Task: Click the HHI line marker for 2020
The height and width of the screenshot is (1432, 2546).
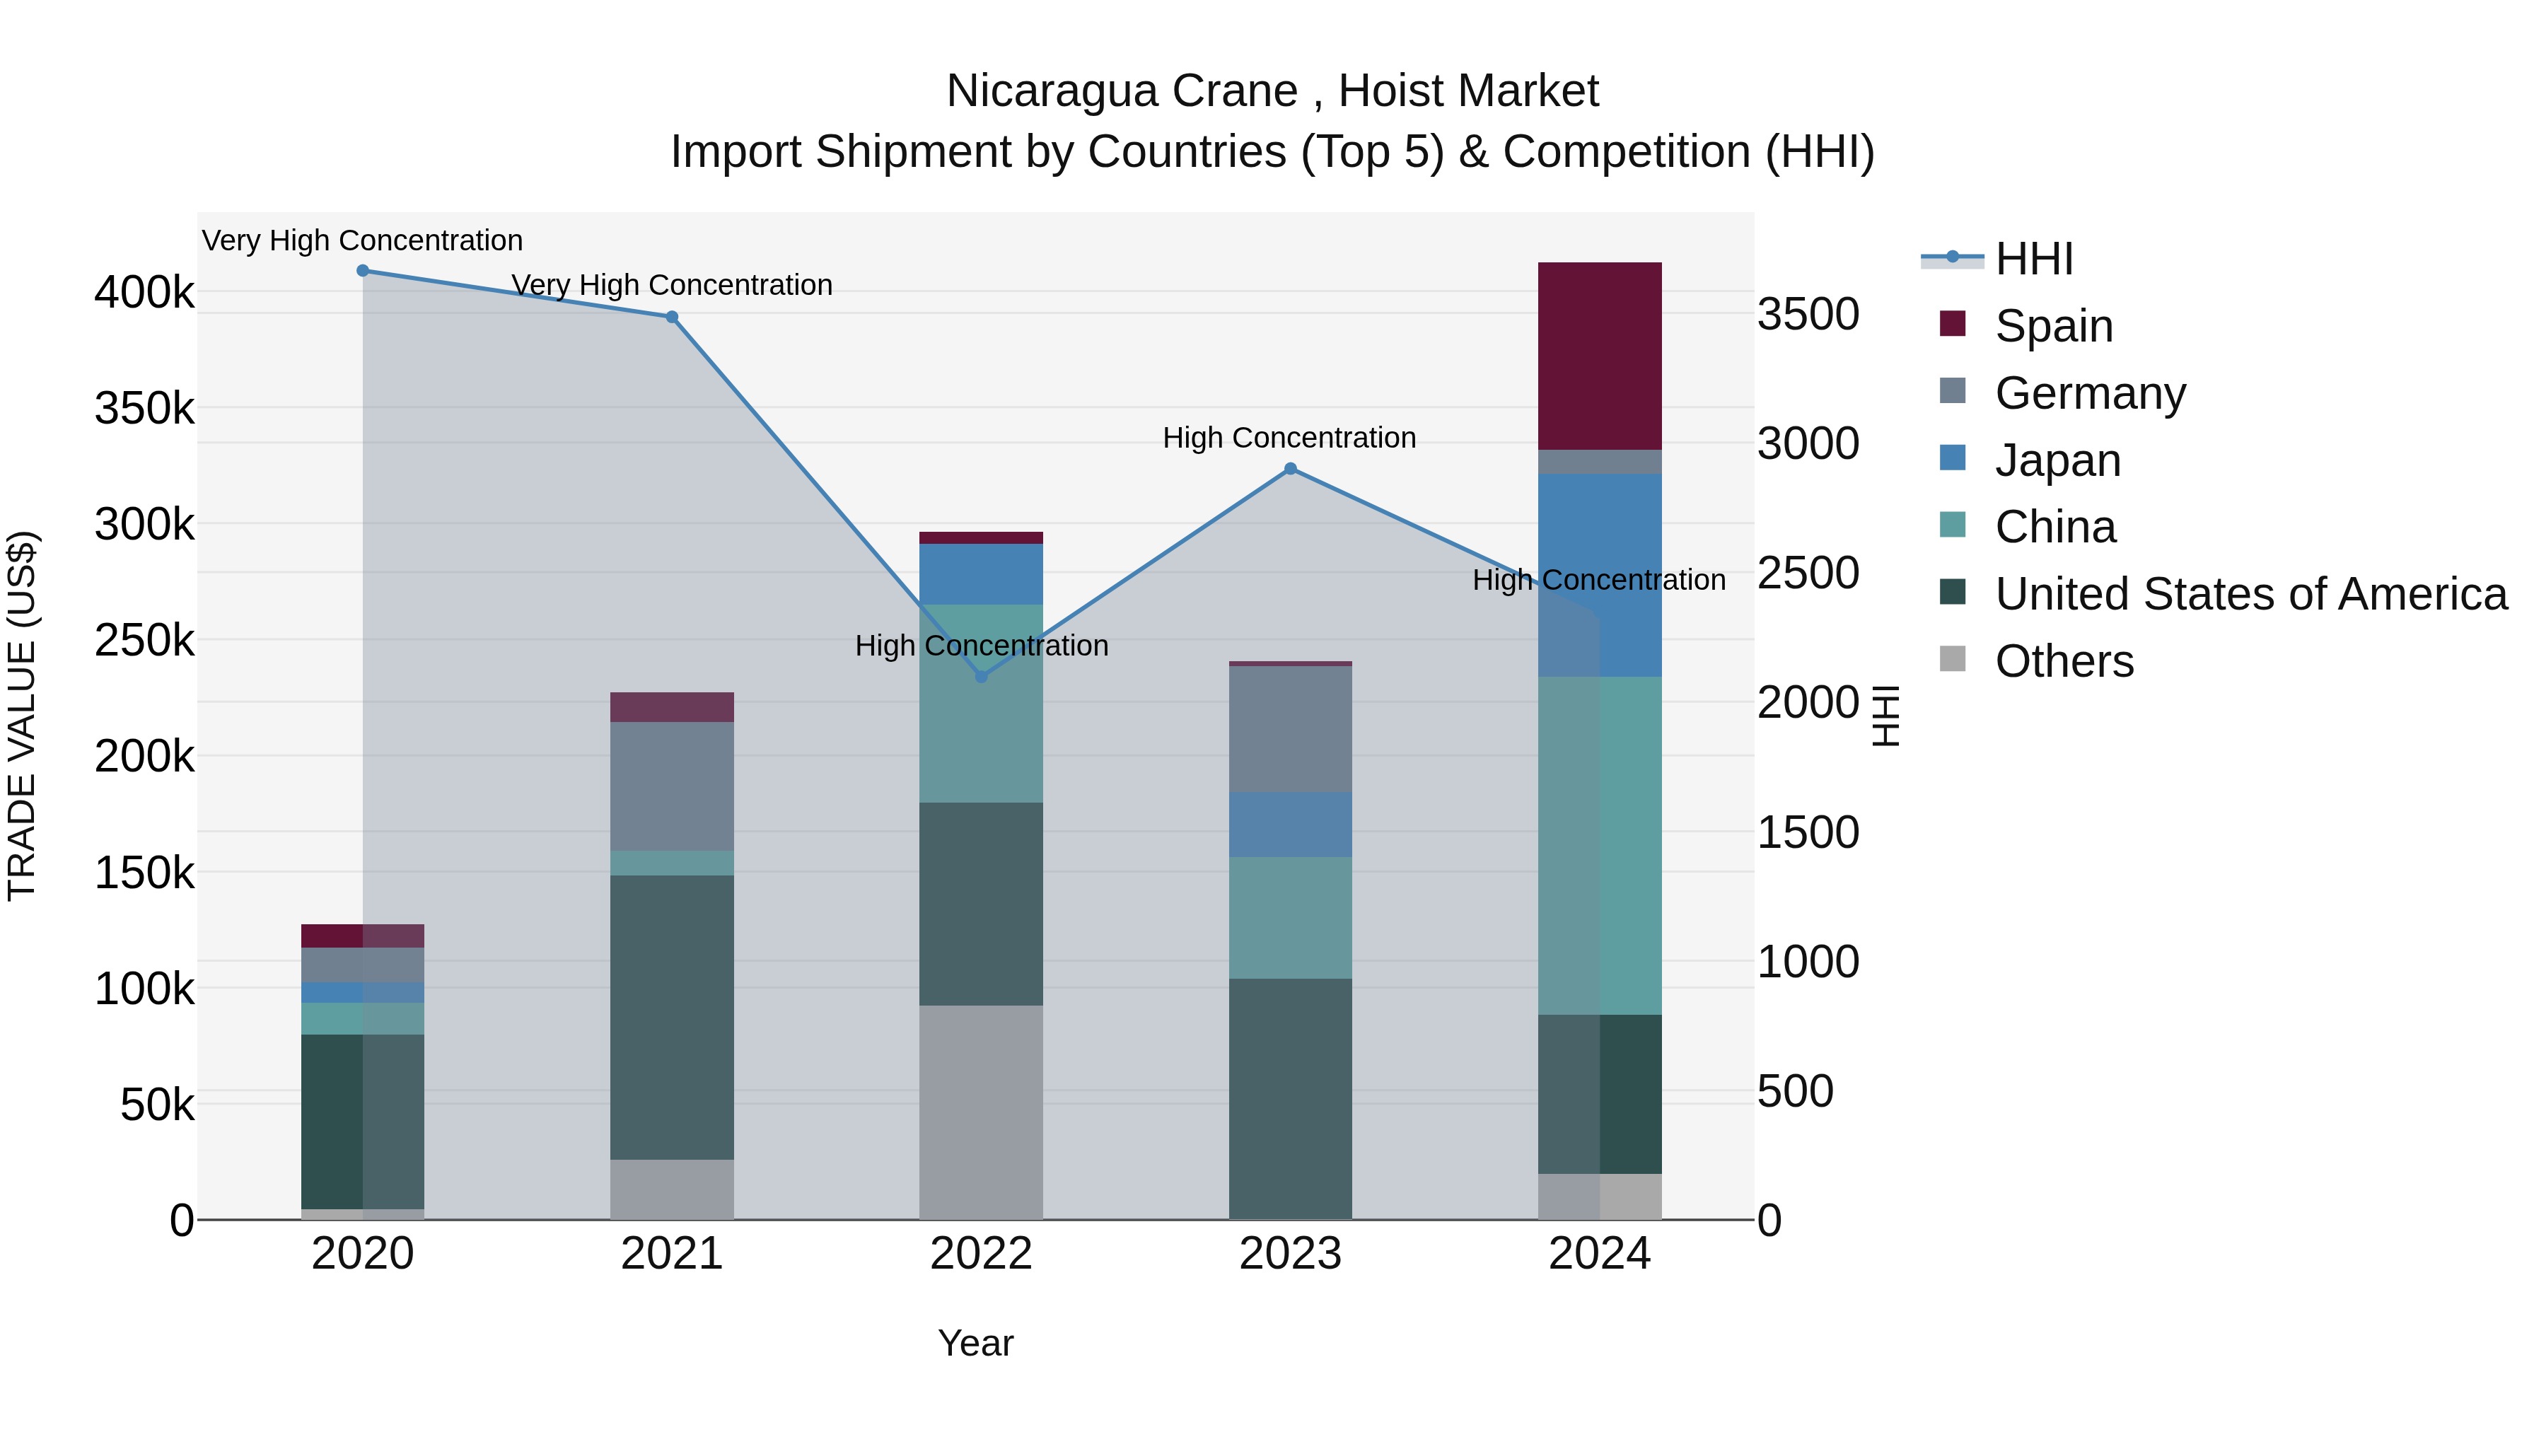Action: point(363,271)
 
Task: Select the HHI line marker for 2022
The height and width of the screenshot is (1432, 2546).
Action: point(982,677)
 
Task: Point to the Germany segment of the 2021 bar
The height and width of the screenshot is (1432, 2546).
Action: point(672,786)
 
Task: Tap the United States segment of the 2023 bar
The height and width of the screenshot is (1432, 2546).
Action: point(1290,1098)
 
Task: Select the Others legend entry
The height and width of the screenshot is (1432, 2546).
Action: point(2064,661)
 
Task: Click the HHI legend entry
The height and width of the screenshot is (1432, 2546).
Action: point(2033,259)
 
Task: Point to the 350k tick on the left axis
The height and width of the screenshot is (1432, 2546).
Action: point(144,408)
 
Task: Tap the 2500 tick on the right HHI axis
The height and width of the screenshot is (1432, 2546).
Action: point(1808,574)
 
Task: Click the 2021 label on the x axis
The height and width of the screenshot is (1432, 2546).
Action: point(672,1254)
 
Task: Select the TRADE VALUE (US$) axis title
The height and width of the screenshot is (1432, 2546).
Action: point(23,716)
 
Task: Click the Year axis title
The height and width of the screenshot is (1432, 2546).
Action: point(975,1343)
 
